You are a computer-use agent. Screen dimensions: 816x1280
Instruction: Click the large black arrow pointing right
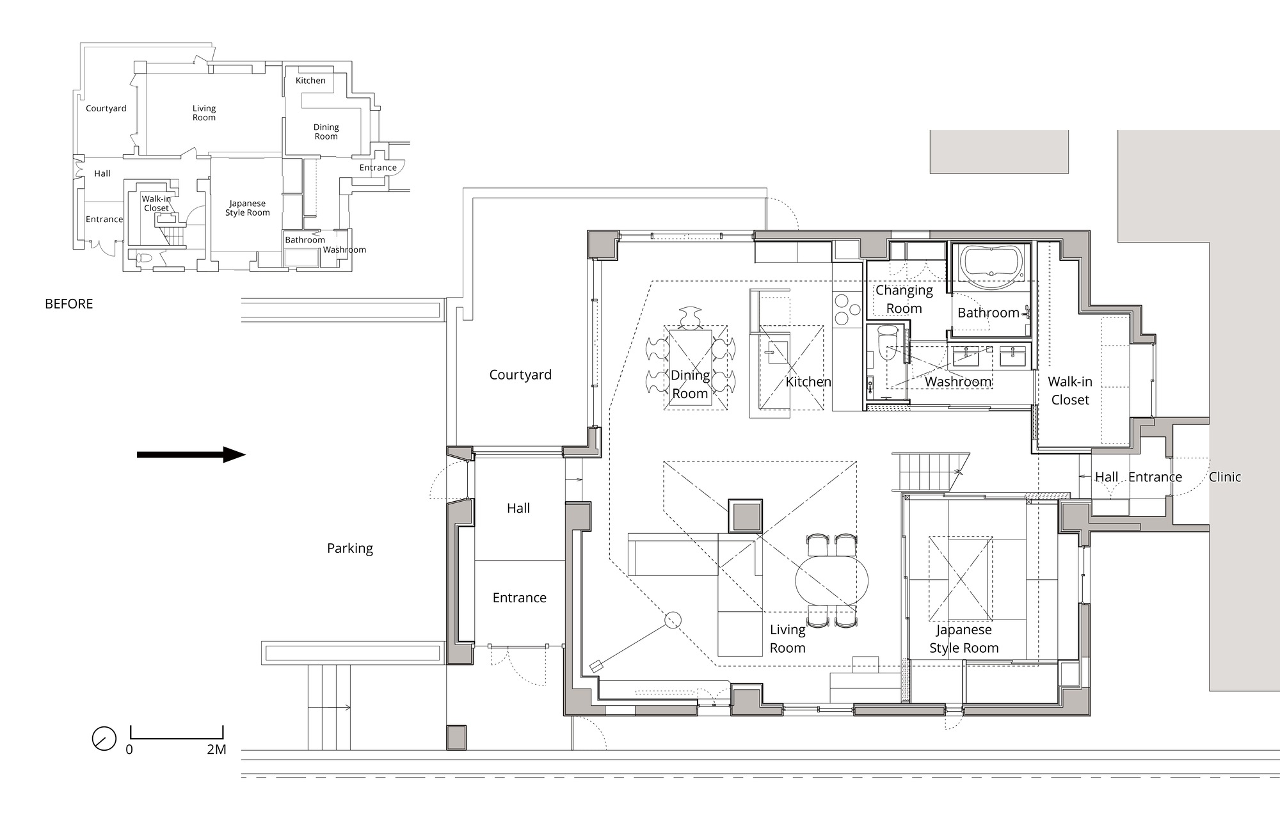[191, 455]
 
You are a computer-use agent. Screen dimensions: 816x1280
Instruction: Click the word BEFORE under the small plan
[68, 304]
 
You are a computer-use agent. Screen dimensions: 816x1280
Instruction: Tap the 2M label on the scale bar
[216, 749]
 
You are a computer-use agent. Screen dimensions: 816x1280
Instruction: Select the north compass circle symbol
[104, 739]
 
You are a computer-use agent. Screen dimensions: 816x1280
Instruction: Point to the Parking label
[349, 548]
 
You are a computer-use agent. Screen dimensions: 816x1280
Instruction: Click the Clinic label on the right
[1224, 477]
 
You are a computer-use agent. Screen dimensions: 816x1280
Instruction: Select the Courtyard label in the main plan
[520, 375]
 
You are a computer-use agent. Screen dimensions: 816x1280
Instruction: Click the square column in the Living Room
[745, 515]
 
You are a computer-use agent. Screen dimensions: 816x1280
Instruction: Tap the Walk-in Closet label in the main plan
[1069, 391]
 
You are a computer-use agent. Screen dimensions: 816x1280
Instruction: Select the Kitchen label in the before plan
[310, 81]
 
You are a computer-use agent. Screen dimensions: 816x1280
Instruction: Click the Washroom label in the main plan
[957, 382]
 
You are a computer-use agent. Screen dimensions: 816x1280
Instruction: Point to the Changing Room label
[904, 300]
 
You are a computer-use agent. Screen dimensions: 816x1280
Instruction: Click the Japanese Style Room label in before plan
[247, 208]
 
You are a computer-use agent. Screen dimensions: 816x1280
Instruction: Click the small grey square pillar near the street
[456, 737]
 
